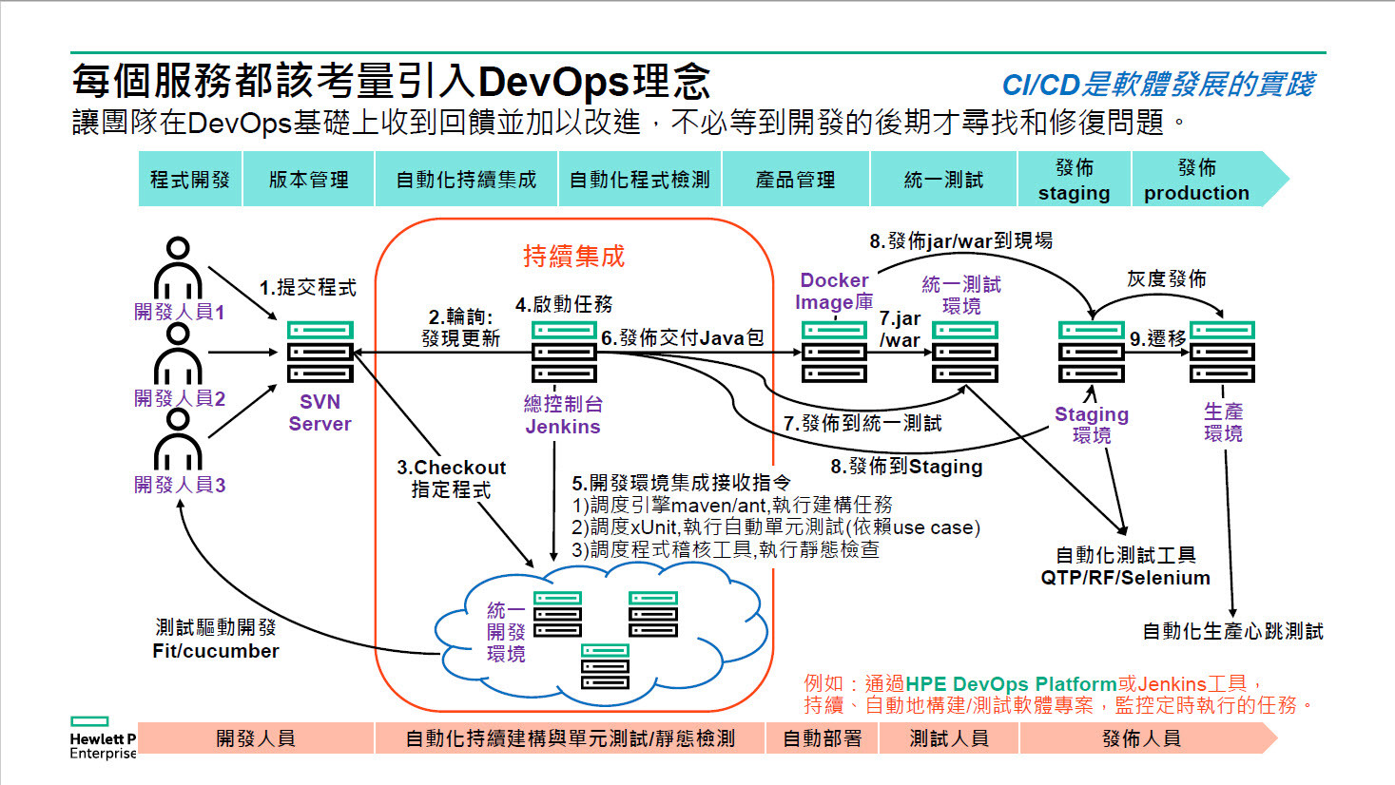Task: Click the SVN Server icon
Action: click(x=320, y=353)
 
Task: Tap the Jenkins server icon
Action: click(x=564, y=353)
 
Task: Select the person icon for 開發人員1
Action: click(x=178, y=270)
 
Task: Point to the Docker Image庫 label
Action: click(x=834, y=291)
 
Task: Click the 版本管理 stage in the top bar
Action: click(x=308, y=180)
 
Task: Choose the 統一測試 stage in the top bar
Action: click(x=943, y=180)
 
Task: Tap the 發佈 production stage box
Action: click(x=1196, y=180)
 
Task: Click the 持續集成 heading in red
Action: click(x=573, y=256)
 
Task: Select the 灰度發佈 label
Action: click(x=1166, y=278)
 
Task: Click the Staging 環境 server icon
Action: click(x=1091, y=352)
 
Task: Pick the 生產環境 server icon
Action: click(x=1223, y=352)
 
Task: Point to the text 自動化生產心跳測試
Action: click(x=1232, y=631)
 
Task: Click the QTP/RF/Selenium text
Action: click(x=1125, y=578)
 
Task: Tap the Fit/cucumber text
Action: click(x=216, y=651)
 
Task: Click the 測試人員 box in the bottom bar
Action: click(x=948, y=738)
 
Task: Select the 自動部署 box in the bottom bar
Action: click(x=822, y=738)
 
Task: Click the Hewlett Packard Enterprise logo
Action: click(x=102, y=738)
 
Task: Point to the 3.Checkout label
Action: click(x=451, y=468)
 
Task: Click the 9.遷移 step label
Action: click(x=1157, y=338)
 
